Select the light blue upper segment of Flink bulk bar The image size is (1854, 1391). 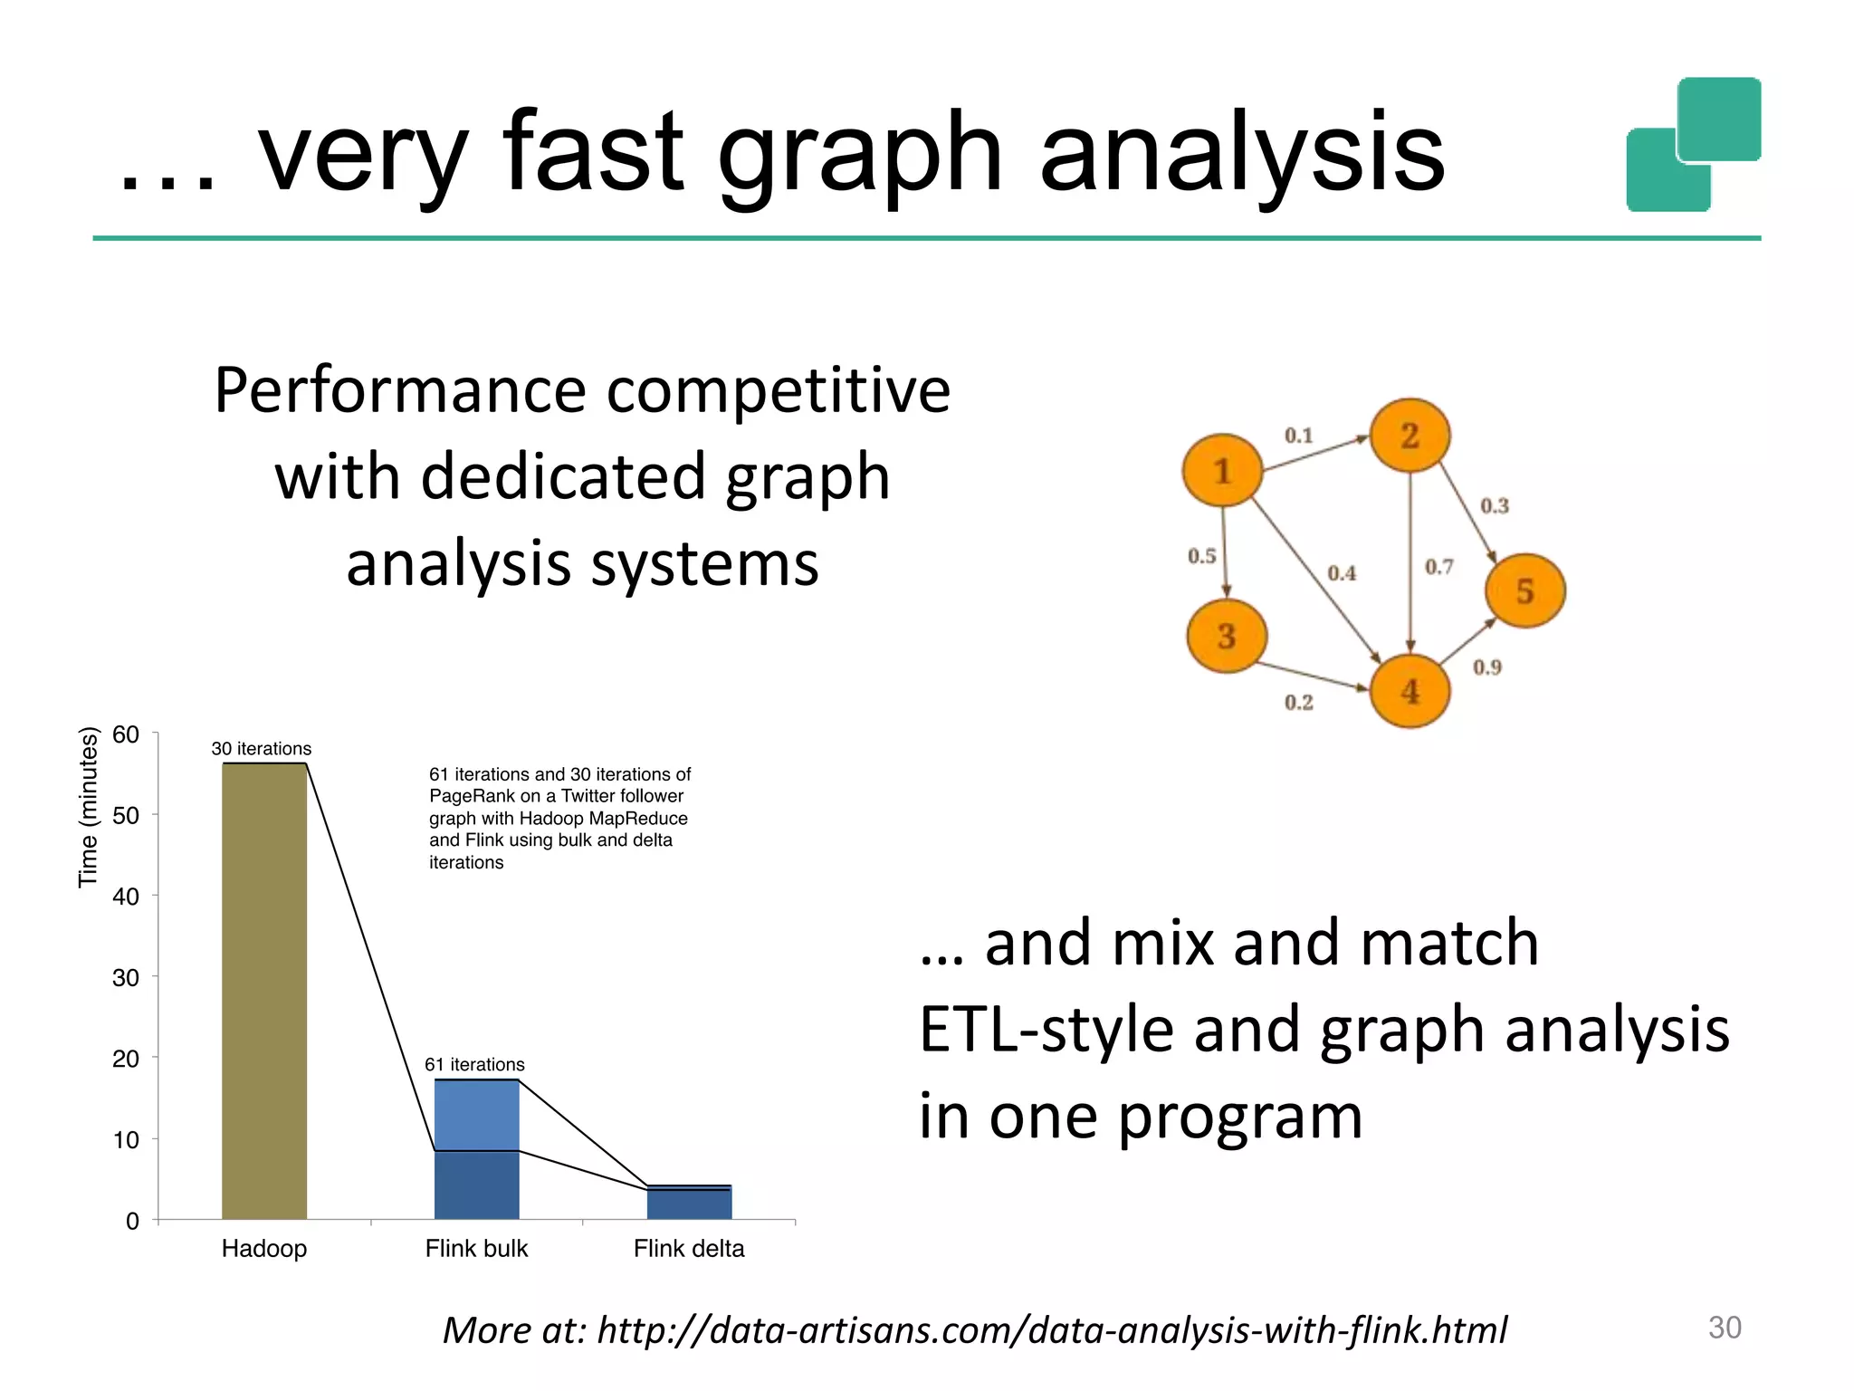click(476, 1115)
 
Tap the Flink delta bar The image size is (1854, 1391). click(689, 1203)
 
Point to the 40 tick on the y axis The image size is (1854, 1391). click(126, 897)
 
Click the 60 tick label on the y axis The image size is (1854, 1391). click(126, 734)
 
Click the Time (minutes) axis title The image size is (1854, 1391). click(88, 807)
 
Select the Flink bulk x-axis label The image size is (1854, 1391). click(476, 1249)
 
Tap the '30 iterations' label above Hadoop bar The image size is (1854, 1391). click(261, 749)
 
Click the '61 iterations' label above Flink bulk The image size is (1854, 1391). click(474, 1065)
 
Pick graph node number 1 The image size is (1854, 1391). click(1222, 471)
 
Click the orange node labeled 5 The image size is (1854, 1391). click(1525, 591)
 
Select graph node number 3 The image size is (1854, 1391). click(1227, 636)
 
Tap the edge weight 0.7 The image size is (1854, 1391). click(1438, 567)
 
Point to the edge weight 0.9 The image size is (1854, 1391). click(1486, 667)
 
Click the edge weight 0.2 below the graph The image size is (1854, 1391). click(1298, 703)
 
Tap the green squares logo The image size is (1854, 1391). click(1693, 145)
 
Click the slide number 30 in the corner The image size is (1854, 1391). click(1724, 1328)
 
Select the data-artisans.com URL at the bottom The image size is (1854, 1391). click(1050, 1330)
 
